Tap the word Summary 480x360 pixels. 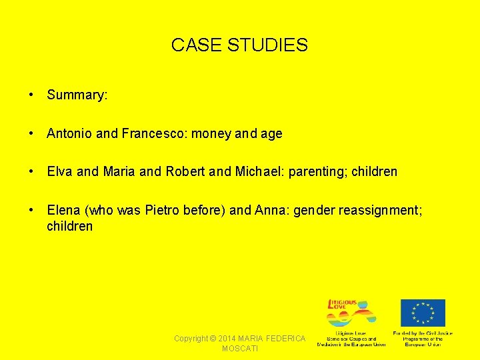77,95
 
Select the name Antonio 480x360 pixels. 69,134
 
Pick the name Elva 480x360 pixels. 60,172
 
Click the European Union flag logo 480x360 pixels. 423,313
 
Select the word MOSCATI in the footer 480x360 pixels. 240,349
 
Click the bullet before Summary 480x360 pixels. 32,95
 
